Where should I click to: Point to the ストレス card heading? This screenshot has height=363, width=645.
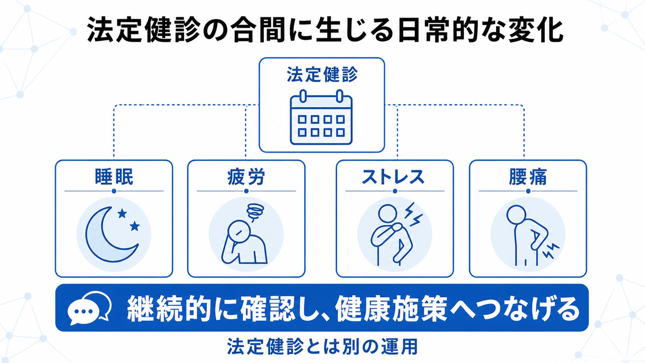[x=393, y=177]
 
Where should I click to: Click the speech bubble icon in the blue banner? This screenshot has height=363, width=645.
[x=89, y=308]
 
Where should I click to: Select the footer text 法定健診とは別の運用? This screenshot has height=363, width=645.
[x=322, y=346]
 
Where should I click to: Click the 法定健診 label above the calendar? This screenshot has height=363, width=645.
[x=322, y=74]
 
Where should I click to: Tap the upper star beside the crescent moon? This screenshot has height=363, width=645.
[x=122, y=214]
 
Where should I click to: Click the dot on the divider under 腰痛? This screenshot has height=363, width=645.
[x=528, y=191]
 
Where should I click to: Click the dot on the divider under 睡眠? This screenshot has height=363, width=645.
[x=114, y=191]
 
